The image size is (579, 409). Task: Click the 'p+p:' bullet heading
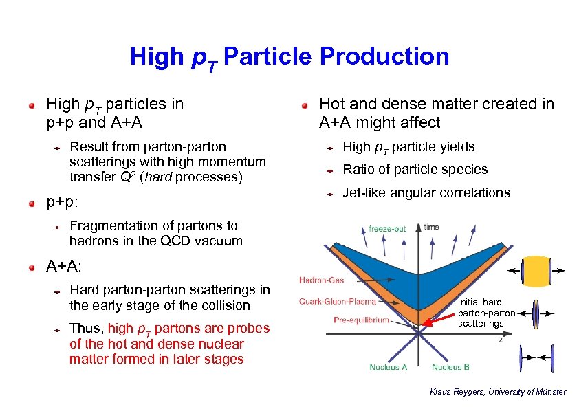pyautogui.click(x=62, y=203)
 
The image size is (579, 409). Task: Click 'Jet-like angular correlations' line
pyautogui.click(x=426, y=193)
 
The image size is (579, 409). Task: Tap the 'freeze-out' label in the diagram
pyautogui.click(x=387, y=228)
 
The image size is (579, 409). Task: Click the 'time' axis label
pyautogui.click(x=431, y=227)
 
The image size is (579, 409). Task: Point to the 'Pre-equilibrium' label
pyautogui.click(x=361, y=320)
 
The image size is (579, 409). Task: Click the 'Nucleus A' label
pyautogui.click(x=389, y=367)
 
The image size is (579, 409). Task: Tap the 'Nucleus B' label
pyautogui.click(x=450, y=367)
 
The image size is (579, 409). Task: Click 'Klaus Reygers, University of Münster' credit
pyautogui.click(x=498, y=392)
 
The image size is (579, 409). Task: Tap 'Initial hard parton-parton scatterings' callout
pyautogui.click(x=485, y=312)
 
